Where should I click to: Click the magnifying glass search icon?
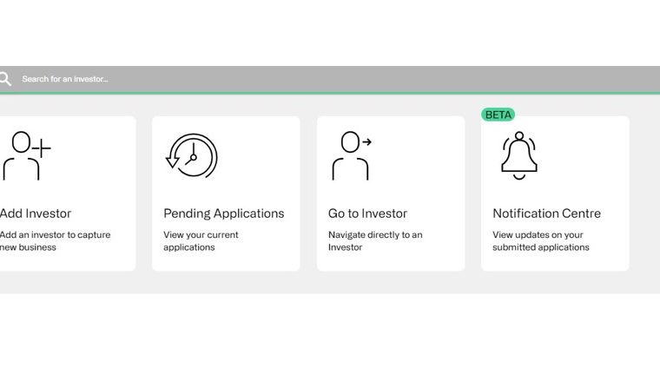coord(5,79)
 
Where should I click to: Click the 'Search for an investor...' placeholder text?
coord(65,79)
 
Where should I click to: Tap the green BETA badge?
coord(498,115)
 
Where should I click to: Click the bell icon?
coord(519,155)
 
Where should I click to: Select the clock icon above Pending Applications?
coord(192,156)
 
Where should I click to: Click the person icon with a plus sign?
coord(25,155)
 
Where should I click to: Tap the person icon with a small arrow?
coord(352,155)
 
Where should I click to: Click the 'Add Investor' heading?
coord(36,213)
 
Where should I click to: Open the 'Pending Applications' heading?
coord(224,213)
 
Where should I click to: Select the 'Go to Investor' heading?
coord(367,213)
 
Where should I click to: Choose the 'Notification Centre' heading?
coord(546,213)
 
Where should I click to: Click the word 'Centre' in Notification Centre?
coord(578,213)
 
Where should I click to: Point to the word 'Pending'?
coord(187,213)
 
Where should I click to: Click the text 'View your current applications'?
coord(201,241)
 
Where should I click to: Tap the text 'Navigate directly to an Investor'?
coord(375,241)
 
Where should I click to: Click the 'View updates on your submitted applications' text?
coord(540,241)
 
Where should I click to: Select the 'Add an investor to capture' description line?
coord(55,234)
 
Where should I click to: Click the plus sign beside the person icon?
coord(42,148)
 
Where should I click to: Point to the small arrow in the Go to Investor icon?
coord(367,142)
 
